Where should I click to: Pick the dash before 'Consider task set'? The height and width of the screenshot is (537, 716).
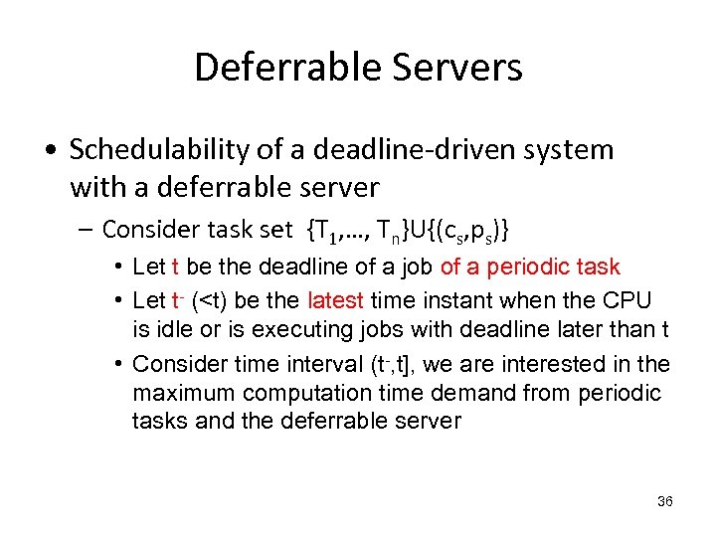pos(87,230)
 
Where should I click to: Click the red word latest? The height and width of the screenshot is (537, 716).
pos(337,300)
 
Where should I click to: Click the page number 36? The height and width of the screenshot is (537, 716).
pos(665,501)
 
